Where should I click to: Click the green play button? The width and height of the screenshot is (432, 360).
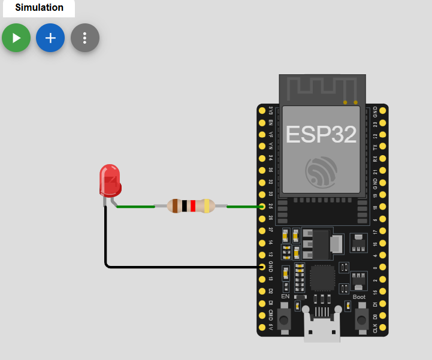[16, 38]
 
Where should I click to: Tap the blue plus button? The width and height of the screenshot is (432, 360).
[50, 38]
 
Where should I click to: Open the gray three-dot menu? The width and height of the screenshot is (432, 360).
[84, 38]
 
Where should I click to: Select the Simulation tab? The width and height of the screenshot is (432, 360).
[39, 8]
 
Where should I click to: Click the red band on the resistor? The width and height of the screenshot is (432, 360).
[193, 206]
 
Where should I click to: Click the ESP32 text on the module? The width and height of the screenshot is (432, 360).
[321, 134]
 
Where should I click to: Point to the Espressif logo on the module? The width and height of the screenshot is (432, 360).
[321, 171]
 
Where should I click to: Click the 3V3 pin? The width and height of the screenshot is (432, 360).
[262, 111]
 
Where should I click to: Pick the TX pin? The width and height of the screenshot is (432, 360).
[383, 147]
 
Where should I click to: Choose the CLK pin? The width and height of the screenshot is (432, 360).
[383, 328]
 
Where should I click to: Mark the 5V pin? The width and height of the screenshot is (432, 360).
[262, 328]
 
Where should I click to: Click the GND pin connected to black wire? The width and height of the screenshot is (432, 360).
[262, 266]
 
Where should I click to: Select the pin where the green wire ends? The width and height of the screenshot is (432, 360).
[262, 207]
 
